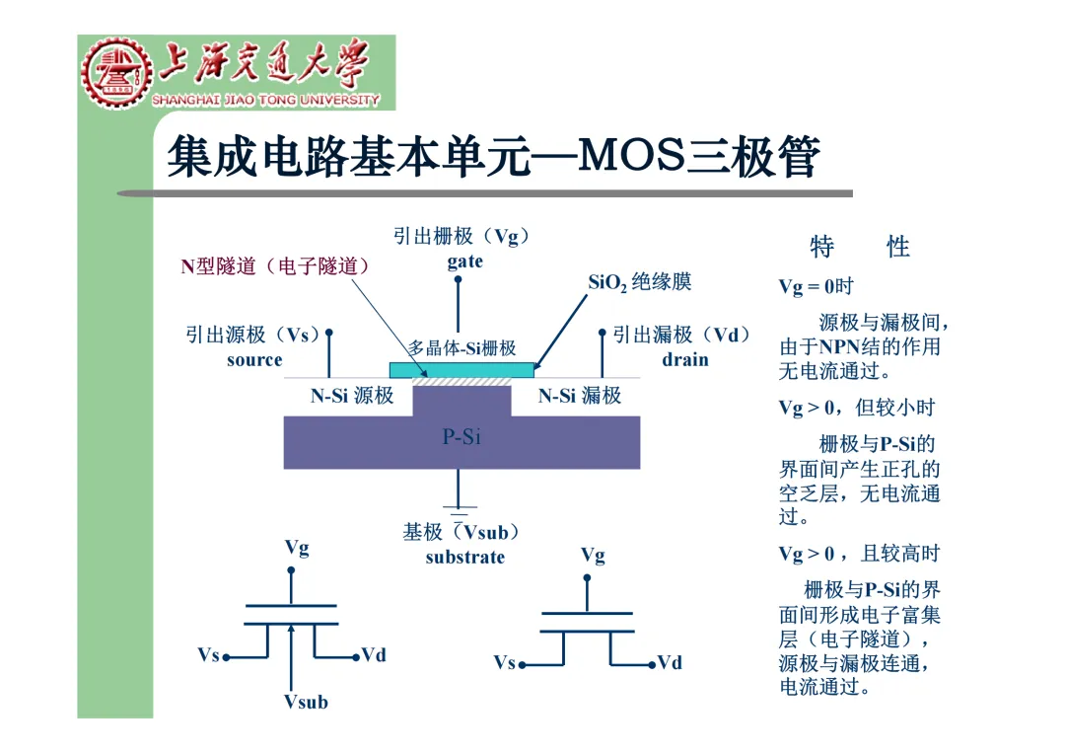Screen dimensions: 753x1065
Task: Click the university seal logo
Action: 117,74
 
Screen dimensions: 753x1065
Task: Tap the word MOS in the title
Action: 631,155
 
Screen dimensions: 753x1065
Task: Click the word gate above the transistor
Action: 464,262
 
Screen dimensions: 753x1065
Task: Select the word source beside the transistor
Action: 254,360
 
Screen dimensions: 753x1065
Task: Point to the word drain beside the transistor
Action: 685,359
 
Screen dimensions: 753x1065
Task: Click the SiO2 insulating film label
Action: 640,282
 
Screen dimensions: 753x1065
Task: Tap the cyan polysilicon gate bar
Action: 461,369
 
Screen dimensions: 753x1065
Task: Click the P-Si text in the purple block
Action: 461,437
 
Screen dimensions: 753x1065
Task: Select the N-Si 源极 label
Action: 352,397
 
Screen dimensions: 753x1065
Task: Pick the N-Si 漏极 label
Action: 580,397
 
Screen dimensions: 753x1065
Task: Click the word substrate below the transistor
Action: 464,558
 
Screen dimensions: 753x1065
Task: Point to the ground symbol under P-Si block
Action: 459,508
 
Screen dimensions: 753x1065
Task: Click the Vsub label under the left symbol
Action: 306,703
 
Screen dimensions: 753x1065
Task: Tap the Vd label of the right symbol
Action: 670,663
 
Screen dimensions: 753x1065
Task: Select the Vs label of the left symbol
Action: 208,655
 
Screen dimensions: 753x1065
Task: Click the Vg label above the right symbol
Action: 593,556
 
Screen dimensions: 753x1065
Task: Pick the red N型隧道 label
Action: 275,266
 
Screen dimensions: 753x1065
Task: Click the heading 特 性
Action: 859,247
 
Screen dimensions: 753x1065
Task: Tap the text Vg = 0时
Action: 816,287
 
